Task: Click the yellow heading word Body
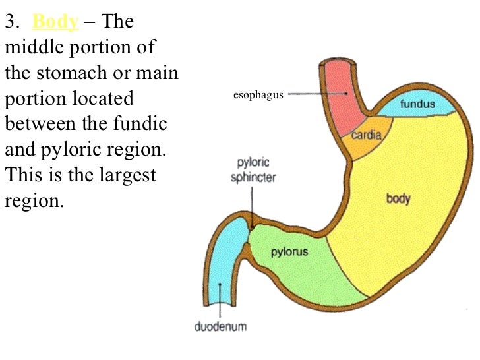click(x=55, y=22)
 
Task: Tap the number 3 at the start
click(x=9, y=22)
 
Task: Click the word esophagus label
click(x=258, y=95)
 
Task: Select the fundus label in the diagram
click(x=416, y=104)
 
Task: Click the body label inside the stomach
click(x=398, y=198)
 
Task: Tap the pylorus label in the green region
click(x=290, y=252)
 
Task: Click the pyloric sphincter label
click(x=253, y=169)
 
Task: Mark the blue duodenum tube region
click(x=225, y=264)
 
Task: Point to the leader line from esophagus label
click(x=316, y=94)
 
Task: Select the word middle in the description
click(x=33, y=48)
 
